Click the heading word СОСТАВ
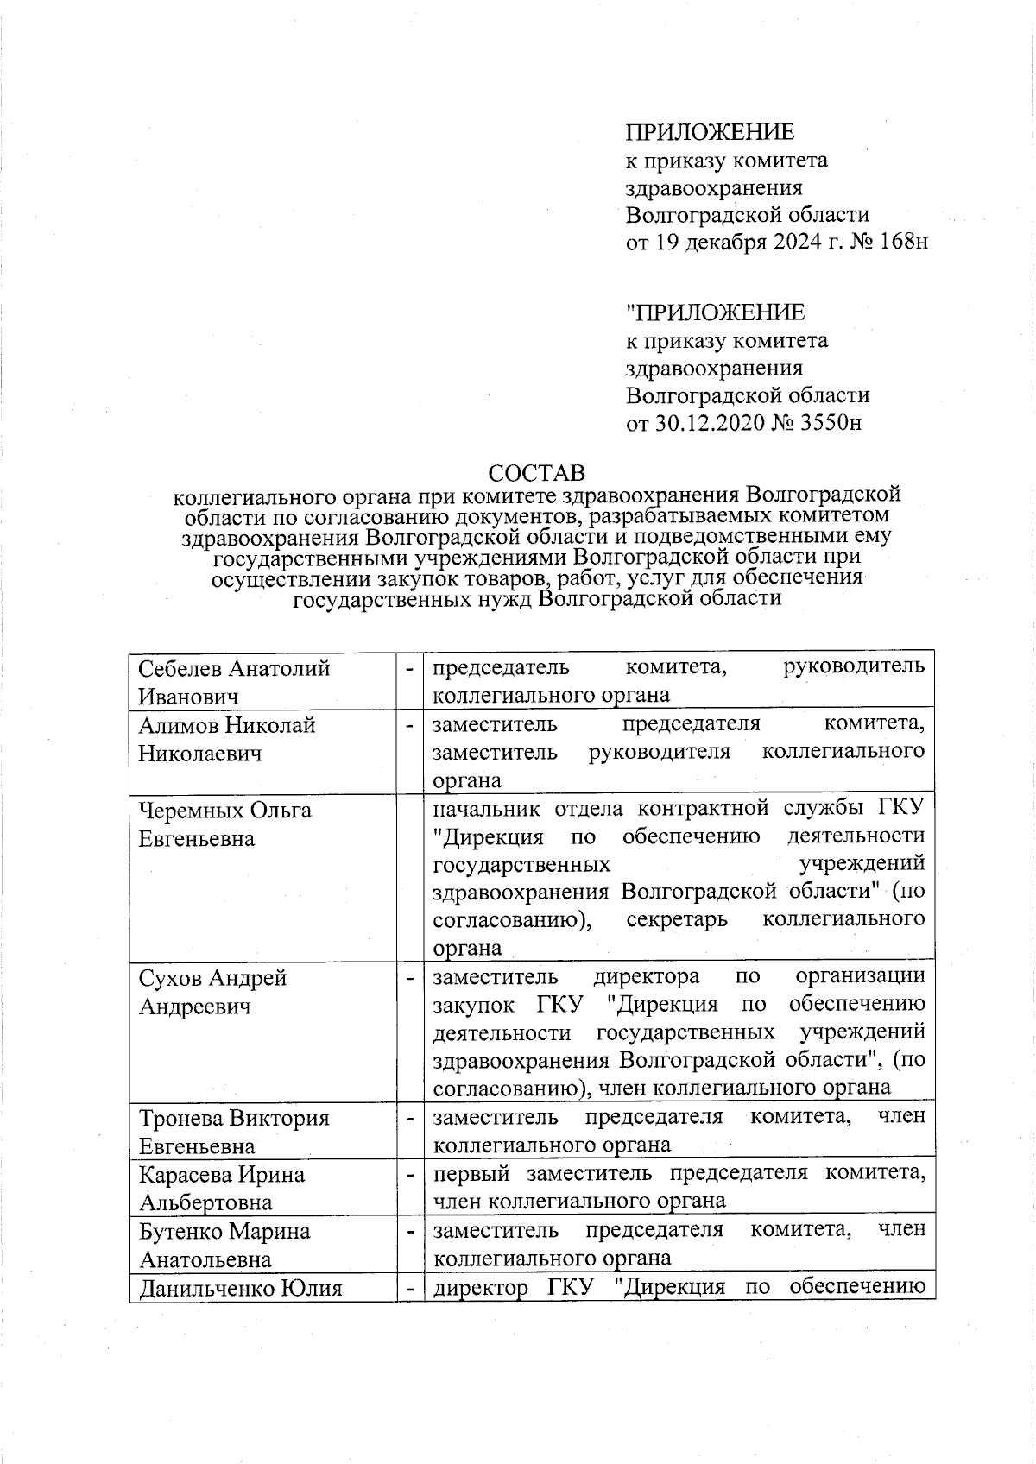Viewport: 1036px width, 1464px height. (536, 473)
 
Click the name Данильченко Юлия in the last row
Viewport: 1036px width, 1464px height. (240, 1289)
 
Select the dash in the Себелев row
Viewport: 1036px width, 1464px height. (409, 668)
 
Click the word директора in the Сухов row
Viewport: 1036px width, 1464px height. (647, 976)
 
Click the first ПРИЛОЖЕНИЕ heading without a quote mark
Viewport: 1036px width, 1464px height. (710, 132)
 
